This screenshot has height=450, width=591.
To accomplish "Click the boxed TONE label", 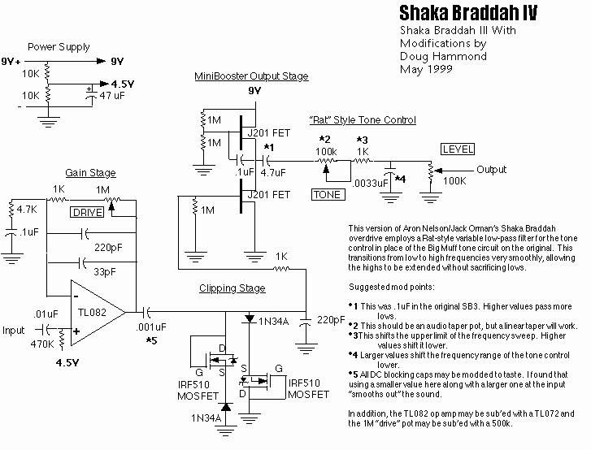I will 328,194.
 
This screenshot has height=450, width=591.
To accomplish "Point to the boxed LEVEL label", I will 457,149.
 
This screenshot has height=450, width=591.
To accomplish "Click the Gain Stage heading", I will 90,173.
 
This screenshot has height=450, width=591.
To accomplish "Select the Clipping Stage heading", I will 232,288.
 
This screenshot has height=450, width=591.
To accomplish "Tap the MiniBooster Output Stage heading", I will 251,76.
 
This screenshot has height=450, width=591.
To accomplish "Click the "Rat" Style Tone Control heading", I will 363,120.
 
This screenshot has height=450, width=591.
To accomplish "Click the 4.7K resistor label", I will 28,208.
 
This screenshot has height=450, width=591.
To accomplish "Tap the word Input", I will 15,331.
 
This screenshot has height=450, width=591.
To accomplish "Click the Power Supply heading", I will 54,47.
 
